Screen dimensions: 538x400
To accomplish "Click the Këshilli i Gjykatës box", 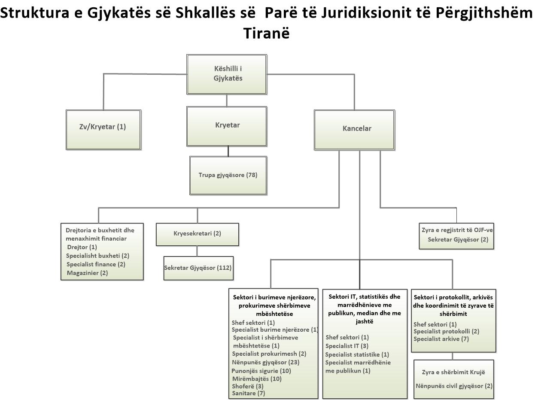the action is click(x=227, y=74).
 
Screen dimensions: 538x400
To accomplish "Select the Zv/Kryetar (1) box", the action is click(x=103, y=130).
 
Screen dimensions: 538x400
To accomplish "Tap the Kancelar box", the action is click(x=354, y=130).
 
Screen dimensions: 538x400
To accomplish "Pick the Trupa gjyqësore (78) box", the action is click(x=228, y=175).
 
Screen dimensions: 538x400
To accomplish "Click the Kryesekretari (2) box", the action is click(x=197, y=235).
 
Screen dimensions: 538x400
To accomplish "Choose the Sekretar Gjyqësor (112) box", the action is click(x=198, y=268).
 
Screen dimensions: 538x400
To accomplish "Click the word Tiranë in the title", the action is click(x=266, y=33).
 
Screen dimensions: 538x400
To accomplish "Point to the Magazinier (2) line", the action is click(x=87, y=273).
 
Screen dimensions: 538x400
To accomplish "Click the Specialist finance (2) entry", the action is click(x=96, y=264).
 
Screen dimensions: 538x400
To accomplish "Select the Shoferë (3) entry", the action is click(x=248, y=386).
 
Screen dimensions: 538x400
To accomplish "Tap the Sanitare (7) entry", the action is click(x=248, y=393).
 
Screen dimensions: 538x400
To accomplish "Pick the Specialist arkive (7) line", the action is click(x=441, y=339).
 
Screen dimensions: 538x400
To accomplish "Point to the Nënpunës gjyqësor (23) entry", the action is click(x=266, y=362).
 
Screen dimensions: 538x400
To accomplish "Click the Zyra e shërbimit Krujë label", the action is click(x=453, y=372).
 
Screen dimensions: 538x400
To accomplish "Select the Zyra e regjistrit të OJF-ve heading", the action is click(x=457, y=230).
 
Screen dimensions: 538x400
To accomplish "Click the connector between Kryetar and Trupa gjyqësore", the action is click(x=228, y=151).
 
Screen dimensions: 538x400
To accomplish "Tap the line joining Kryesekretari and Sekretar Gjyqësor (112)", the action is click(x=197, y=251).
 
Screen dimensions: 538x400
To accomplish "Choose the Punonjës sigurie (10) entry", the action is click(x=261, y=371).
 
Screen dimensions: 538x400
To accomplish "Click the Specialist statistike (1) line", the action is click(x=357, y=354).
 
